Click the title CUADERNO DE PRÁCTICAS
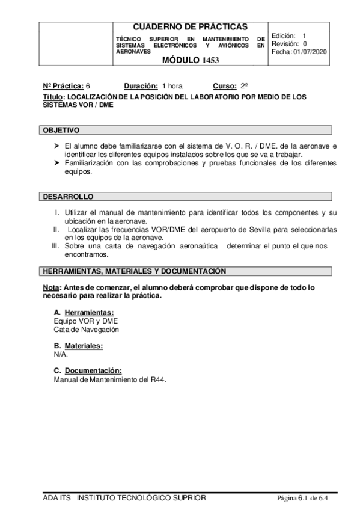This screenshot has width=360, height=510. click(189, 27)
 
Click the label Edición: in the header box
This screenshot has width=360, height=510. click(283, 36)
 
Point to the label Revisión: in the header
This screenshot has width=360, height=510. click(285, 44)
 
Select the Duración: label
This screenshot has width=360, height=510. click(141, 86)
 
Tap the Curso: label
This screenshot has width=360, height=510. click(225, 86)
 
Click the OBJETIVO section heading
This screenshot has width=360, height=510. click(61, 131)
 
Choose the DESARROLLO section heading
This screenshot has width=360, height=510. click(67, 197)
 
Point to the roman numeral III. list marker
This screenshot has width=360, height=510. click(55, 246)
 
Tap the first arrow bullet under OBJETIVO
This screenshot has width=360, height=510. click(56, 146)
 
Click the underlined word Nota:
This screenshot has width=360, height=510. click(52, 288)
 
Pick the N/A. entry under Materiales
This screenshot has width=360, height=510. click(61, 354)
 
